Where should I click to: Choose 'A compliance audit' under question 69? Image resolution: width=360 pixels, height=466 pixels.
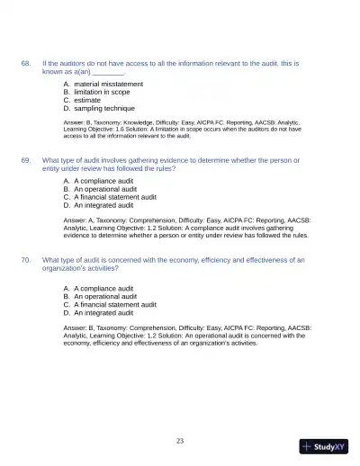pos(99,181)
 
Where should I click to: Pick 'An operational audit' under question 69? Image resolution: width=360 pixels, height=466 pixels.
pos(100,189)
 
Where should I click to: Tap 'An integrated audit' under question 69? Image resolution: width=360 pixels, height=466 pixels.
pos(98,205)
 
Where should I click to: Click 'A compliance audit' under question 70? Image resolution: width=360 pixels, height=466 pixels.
pos(99,288)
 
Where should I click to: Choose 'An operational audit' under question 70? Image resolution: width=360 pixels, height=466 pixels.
pos(100,296)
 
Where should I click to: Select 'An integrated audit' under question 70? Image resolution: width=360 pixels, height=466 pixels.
pos(98,312)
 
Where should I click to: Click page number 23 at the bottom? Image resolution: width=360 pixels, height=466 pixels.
pos(180,440)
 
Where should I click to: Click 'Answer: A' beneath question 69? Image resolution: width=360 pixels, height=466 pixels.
pos(80,220)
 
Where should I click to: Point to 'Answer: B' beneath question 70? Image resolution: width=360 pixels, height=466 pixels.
pos(80,328)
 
